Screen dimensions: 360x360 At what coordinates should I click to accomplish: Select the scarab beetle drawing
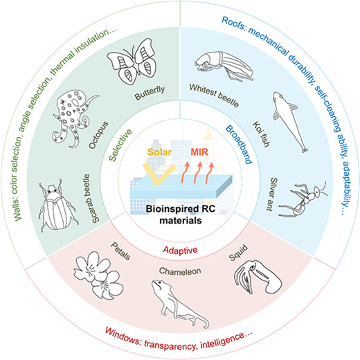pyautogui.click(x=57, y=206)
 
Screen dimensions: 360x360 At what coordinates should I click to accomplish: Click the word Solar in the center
pyautogui.click(x=159, y=152)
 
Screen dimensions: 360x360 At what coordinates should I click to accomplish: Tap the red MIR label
pyautogui.click(x=199, y=152)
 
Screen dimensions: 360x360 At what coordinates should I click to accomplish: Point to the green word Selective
pyautogui.click(x=120, y=145)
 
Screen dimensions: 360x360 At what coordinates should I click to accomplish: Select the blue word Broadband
pyautogui.click(x=238, y=144)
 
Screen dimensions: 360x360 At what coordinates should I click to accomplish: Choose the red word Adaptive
pyautogui.click(x=180, y=251)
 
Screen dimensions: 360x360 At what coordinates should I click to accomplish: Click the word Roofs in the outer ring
pyautogui.click(x=233, y=23)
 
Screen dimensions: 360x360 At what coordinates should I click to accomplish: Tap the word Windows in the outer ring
pyautogui.click(x=123, y=336)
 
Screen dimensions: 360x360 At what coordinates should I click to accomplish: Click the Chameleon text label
pyautogui.click(x=180, y=271)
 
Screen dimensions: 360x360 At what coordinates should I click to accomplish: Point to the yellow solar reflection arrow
pyautogui.click(x=159, y=174)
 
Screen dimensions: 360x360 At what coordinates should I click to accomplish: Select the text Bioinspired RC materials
pyautogui.click(x=181, y=215)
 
